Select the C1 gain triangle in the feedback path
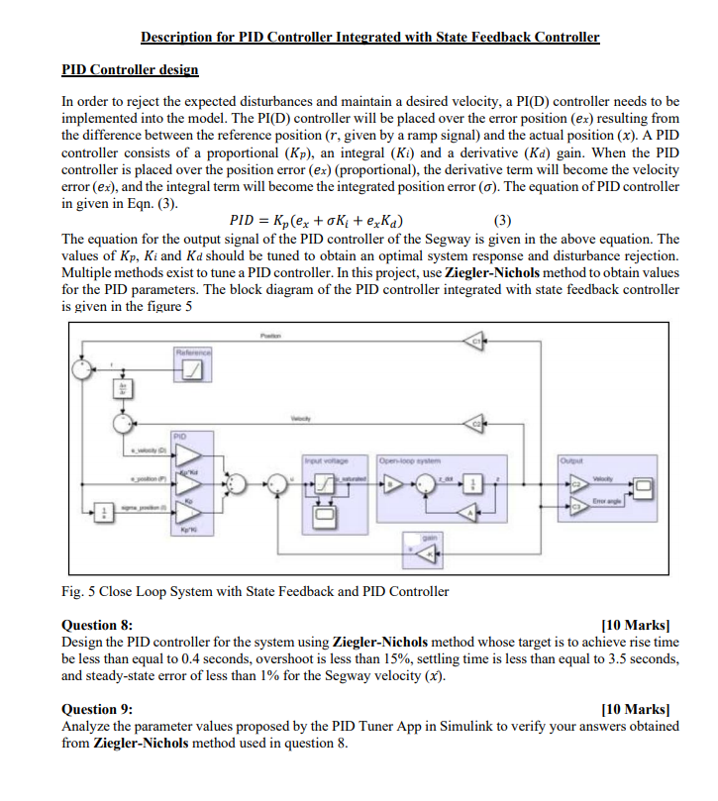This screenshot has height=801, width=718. point(476,342)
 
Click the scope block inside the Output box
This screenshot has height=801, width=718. point(644,485)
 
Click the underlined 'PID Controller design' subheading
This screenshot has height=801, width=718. point(130,70)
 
